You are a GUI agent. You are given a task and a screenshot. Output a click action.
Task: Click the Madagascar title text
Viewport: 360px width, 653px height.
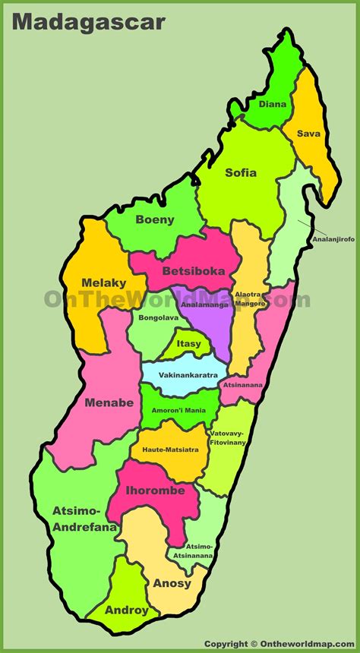pyautogui.click(x=89, y=22)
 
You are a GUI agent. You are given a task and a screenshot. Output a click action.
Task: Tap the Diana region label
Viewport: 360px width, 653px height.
pyautogui.click(x=272, y=104)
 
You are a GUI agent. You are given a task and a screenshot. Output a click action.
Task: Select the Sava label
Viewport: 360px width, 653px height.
pyautogui.click(x=308, y=134)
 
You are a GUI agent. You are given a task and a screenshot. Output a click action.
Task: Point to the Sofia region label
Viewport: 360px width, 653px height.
pyautogui.click(x=241, y=172)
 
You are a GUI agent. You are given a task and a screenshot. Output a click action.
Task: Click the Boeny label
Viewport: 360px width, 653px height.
pyautogui.click(x=155, y=220)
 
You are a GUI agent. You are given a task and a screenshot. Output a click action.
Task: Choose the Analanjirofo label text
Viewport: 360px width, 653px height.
pyautogui.click(x=333, y=239)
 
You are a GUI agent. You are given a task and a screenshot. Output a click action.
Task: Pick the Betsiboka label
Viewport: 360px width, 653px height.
pyautogui.click(x=193, y=270)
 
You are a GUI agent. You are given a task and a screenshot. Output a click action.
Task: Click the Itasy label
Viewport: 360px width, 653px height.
pyautogui.click(x=189, y=344)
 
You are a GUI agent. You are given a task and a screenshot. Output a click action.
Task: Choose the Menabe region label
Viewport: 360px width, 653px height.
pyautogui.click(x=109, y=402)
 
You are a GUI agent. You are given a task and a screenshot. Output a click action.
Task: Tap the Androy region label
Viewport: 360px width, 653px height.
pyautogui.click(x=127, y=609)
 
